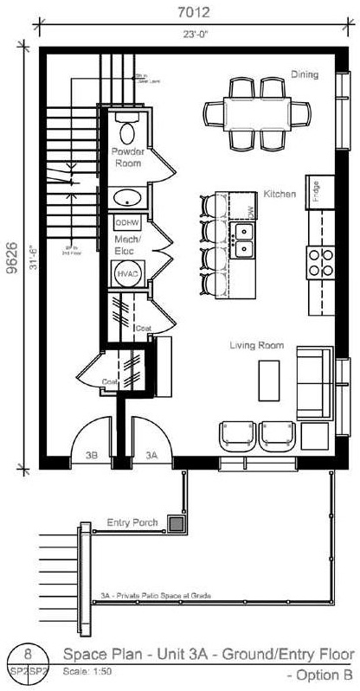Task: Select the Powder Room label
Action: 129,157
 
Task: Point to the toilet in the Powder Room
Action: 128,131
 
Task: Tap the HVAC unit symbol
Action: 127,272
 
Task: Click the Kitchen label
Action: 280,195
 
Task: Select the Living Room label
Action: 256,345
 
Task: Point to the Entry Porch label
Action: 130,522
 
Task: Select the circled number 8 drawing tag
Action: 30,654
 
